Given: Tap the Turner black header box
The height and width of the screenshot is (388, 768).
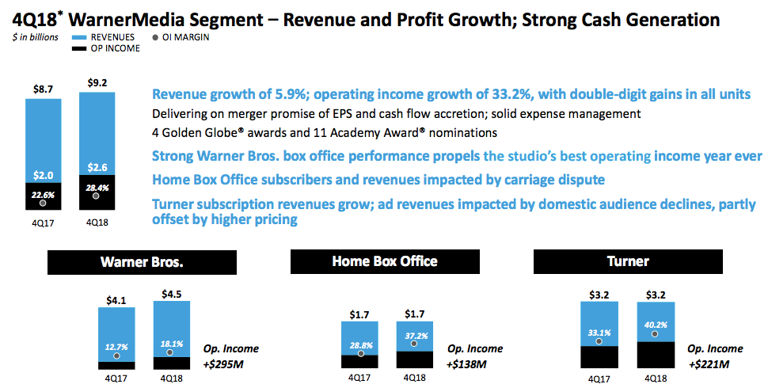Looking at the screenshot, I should point(629,261).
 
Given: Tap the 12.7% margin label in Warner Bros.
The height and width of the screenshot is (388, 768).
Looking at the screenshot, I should point(116,345).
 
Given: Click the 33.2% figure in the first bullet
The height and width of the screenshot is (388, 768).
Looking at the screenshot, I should point(490,94).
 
